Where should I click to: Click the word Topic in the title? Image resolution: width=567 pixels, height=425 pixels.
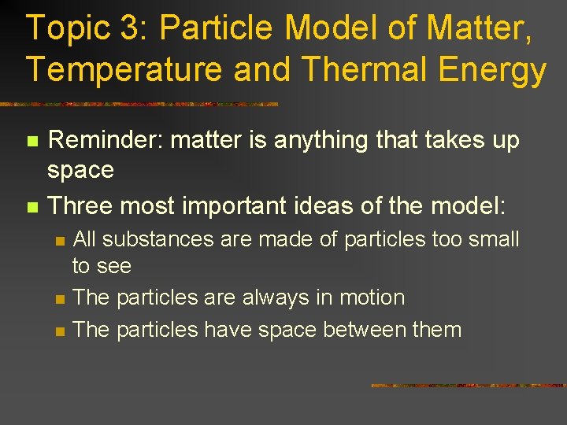pyautogui.click(x=66, y=30)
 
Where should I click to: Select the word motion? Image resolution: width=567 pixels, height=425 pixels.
pyautogui.click(x=371, y=298)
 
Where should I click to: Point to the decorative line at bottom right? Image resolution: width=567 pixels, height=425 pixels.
pyautogui.click(x=468, y=386)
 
